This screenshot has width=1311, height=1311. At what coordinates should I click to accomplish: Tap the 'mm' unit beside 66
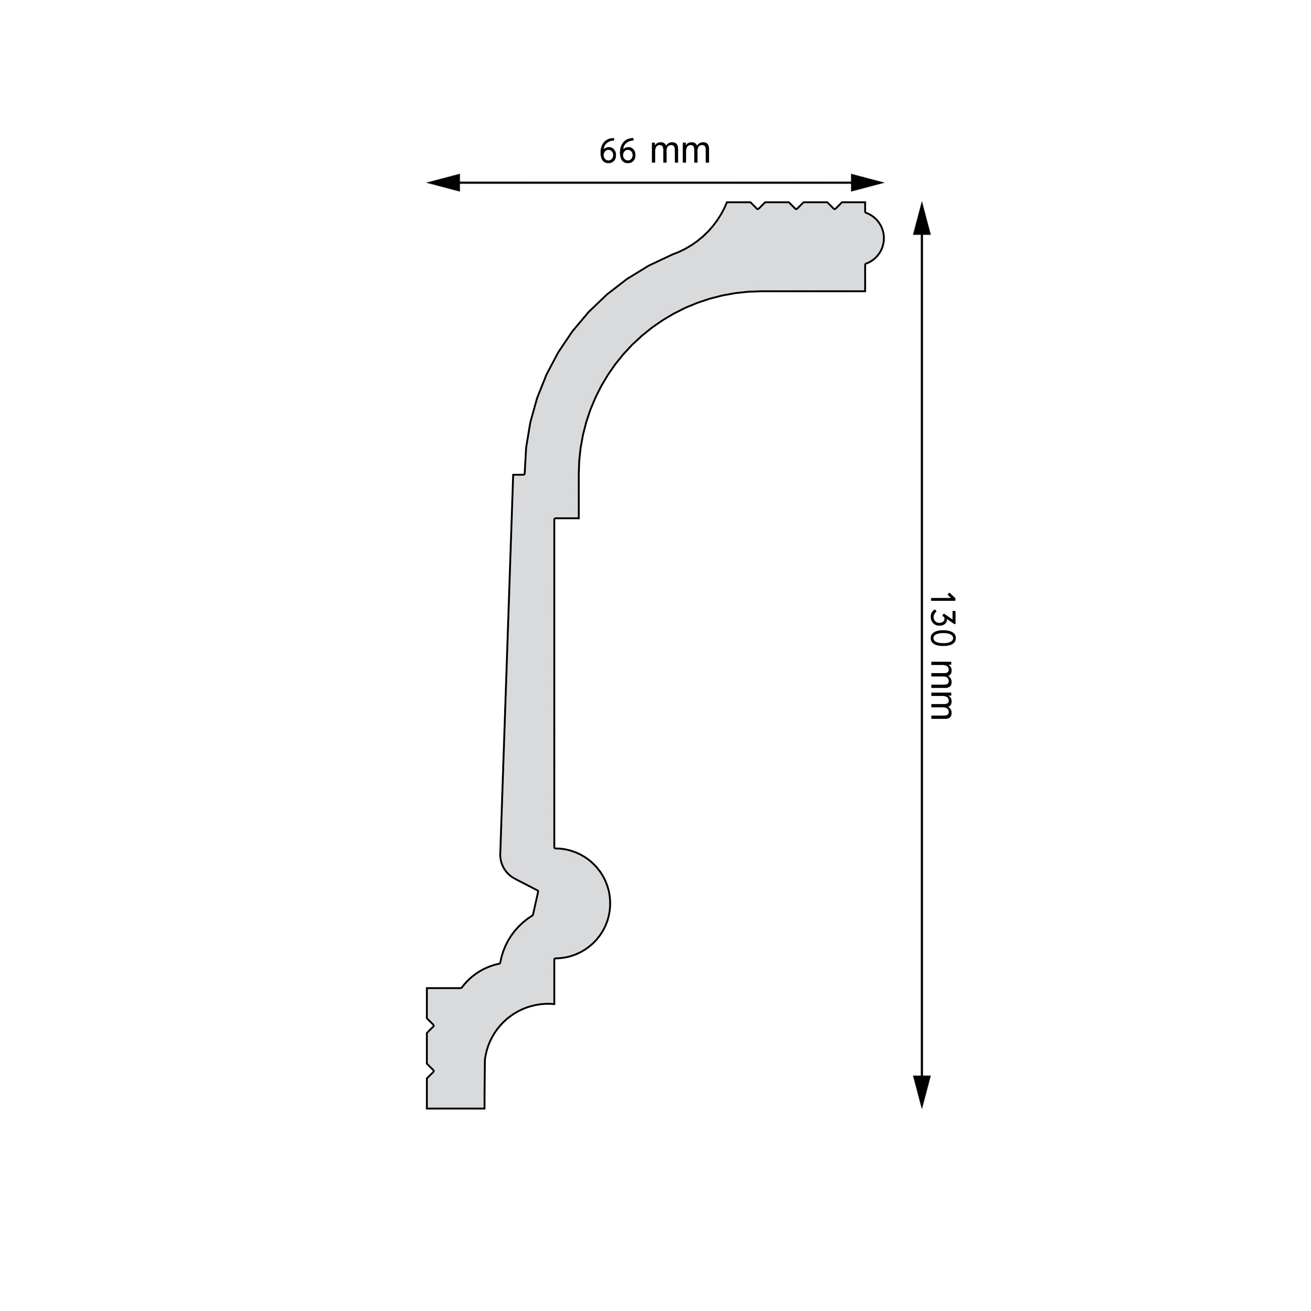click(680, 153)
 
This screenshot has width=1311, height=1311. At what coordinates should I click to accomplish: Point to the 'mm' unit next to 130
click(941, 690)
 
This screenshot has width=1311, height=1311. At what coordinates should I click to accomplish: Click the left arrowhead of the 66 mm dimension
click(443, 182)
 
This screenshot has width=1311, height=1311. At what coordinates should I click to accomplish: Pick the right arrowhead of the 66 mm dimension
click(867, 182)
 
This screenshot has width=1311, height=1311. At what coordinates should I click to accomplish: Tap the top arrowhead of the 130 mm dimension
click(921, 218)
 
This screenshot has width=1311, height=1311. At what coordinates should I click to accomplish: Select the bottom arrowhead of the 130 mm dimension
click(921, 1092)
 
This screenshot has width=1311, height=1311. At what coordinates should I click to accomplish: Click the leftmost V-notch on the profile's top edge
click(758, 206)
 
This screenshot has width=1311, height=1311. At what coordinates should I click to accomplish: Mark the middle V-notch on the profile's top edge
click(797, 206)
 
